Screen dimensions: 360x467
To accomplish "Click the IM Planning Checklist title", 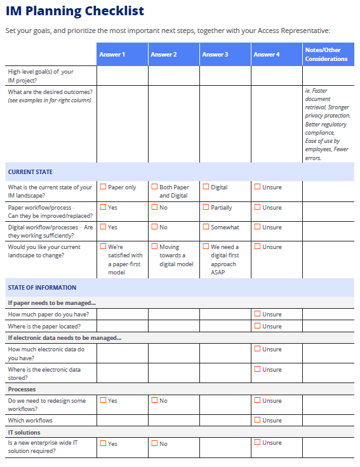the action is (75, 11).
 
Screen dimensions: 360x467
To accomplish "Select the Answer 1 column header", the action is (112, 55).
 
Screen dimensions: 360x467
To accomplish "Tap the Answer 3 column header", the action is (215, 55).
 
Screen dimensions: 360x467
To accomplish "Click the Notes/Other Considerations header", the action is (326, 55).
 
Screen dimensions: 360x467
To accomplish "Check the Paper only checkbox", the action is (103, 187).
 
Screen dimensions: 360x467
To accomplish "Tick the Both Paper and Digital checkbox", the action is (154, 187).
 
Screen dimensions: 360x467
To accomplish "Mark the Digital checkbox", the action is (206, 187).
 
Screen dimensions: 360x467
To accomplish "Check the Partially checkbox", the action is (206, 207).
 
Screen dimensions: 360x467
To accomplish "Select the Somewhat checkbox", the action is (206, 227).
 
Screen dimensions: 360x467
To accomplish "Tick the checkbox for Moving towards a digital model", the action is (154, 247).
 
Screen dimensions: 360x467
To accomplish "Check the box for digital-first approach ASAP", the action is (206, 247).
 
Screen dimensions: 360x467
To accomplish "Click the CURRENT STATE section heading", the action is (30, 172).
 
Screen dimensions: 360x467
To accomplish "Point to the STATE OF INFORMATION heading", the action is (42, 287).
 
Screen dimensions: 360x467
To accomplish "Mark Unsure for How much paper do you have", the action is (257, 314).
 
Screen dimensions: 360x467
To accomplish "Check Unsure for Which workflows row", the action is (257, 420).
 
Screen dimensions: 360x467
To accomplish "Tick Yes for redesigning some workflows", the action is (103, 400).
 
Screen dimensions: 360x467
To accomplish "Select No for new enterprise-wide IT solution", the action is (154, 443).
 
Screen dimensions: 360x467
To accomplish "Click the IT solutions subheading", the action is (24, 432).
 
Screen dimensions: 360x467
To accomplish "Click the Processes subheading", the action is (22, 389).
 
